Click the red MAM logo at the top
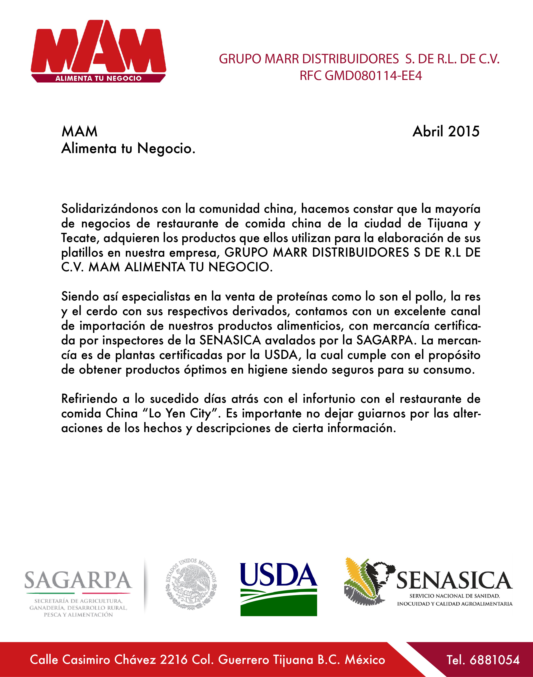pos(98,47)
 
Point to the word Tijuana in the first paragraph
pos(448,223)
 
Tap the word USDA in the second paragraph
pos(281,355)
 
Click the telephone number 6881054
pos(494,660)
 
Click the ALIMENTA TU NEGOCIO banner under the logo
pos(98,79)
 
